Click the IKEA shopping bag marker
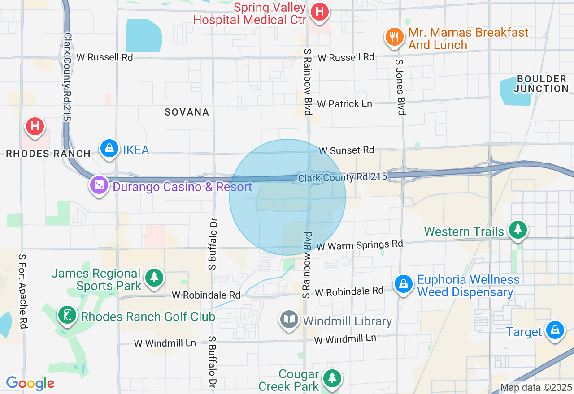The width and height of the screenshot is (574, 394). tap(109, 148)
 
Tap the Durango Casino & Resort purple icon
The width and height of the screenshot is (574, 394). tap(99, 185)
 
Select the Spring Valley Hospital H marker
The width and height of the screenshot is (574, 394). tap(320, 11)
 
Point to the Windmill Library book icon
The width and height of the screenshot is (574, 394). tap(289, 320)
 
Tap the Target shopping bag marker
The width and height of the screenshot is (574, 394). tap(555, 330)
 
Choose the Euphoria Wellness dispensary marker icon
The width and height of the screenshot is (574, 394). tap(404, 284)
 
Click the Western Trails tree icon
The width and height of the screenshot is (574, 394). tap(518, 230)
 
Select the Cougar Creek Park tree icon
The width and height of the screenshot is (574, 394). tap(332, 378)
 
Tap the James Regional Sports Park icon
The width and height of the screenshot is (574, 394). tap(155, 278)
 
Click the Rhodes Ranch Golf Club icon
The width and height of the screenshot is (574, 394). tap(67, 315)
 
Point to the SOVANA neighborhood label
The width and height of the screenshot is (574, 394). tap(187, 112)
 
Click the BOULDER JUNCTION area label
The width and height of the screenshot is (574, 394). tap(541, 84)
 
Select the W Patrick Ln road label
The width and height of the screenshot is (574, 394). tap(344, 104)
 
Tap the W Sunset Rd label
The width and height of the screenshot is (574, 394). tap(346, 150)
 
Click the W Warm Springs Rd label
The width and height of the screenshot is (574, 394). tap(360, 245)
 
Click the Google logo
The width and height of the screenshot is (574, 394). tap(30, 383)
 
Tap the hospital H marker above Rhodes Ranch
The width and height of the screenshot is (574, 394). tap(35, 127)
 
